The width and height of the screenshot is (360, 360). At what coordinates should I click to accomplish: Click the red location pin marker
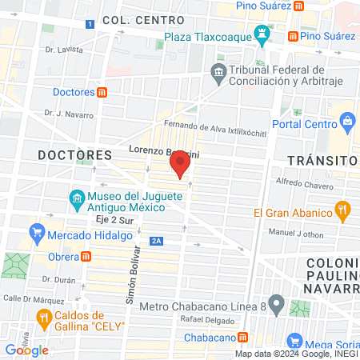180,165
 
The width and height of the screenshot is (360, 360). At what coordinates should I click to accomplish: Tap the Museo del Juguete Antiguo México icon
76,197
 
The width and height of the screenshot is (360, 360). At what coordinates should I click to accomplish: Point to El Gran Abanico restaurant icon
343,212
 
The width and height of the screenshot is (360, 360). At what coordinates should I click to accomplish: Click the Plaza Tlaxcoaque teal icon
262,34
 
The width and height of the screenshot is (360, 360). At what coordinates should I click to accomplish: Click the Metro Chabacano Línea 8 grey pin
276,304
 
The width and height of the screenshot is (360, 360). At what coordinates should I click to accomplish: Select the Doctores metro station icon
103,92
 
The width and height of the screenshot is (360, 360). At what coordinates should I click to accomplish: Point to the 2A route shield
157,239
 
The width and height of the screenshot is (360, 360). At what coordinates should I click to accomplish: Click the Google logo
26,350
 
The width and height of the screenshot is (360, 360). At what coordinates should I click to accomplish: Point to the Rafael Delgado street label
207,321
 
